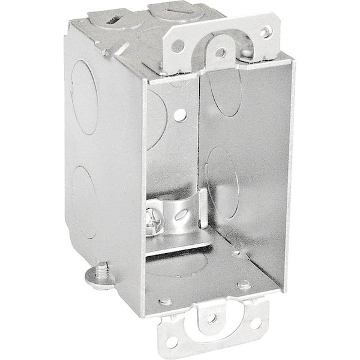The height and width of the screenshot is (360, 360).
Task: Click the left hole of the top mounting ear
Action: coord(178,45)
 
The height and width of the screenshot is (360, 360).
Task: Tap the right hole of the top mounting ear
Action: coord(265,31)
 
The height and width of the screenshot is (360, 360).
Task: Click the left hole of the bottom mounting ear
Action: coord(172,342)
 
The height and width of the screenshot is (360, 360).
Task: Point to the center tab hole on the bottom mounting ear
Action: coord(212,317)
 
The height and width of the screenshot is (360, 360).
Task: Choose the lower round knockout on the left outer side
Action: coord(84,202)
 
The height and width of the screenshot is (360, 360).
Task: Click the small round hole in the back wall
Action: coord(180,115)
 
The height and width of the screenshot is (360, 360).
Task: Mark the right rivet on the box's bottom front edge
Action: coord(243,285)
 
